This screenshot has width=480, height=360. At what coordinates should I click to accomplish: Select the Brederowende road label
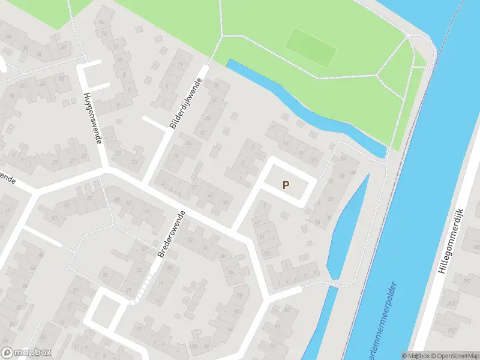[x=171, y=234]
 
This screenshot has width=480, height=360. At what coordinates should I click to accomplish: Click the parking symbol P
[x=286, y=185]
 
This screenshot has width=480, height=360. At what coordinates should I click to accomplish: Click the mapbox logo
[x=26, y=353]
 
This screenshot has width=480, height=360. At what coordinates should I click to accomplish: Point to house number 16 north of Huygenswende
[x=101, y=23]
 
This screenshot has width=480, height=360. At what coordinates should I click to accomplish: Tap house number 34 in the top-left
[x=38, y=55]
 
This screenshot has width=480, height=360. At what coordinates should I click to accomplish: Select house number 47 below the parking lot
[x=258, y=223]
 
